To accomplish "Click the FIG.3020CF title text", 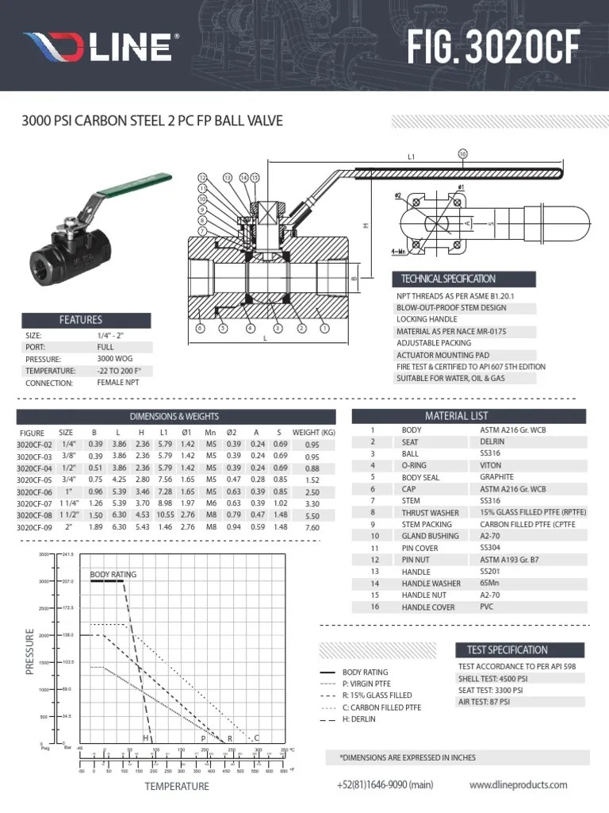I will click(496, 47).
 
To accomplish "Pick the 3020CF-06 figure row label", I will click(34, 492).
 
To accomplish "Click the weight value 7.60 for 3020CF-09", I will click(312, 527).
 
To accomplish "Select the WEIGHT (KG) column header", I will click(313, 433).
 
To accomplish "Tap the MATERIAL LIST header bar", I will click(468, 416).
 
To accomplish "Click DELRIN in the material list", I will click(492, 441).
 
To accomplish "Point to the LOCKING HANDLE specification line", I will click(426, 319).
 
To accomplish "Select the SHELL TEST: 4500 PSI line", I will click(492, 679).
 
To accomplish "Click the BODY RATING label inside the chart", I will click(113, 574).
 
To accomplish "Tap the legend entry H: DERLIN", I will click(358, 719).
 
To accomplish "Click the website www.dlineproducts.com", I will click(518, 784).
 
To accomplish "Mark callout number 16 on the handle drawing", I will click(462, 153).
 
